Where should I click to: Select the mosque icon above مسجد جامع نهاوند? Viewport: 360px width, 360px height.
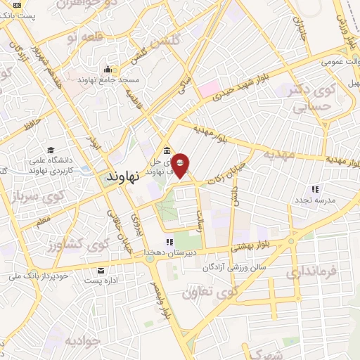[x=108, y=69]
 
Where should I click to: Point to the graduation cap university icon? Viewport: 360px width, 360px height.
[x=51, y=150]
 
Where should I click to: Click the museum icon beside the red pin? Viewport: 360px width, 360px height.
[x=166, y=150]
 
